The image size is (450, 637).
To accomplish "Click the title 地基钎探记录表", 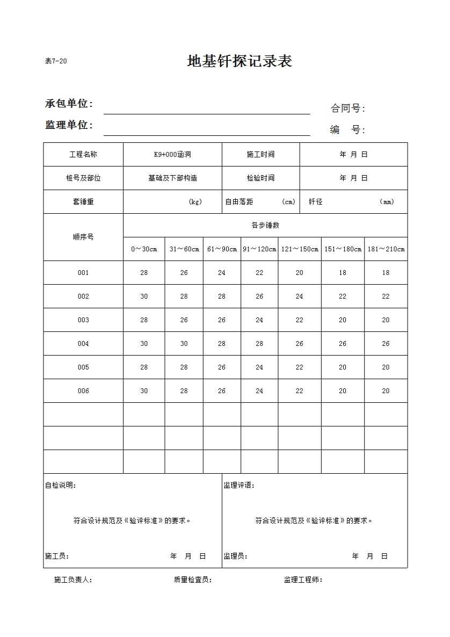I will pos(239,61).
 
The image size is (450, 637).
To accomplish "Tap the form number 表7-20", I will pos(56,61).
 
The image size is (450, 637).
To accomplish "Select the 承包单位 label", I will pos(69,104).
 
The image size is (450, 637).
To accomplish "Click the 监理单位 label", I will pos(69,125).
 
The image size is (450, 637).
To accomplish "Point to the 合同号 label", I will pos(347,108).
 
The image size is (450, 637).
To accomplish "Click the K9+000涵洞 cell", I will pos(172,155).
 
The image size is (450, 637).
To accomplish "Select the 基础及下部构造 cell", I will pos(172,178).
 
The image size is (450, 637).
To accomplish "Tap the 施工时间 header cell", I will pos(260,155).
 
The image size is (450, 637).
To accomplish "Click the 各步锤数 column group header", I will pos(265,226).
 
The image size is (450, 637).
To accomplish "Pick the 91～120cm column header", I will pos(259,249).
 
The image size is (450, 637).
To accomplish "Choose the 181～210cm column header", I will pos(386,249).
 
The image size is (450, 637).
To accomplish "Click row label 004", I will pos(83,344).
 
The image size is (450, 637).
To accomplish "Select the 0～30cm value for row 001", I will pos(144,273).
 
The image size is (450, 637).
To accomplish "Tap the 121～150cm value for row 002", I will pos(299,296).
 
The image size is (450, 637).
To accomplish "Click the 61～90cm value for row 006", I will pos(222,391).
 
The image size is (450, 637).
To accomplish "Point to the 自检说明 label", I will pos(60,486).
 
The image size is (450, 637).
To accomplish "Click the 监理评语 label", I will pos(239,486).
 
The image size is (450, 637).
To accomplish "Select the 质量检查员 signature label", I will pos(193,580).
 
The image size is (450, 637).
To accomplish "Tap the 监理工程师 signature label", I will pos(303,580).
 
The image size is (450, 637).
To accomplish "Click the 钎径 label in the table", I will pos(316,202).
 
